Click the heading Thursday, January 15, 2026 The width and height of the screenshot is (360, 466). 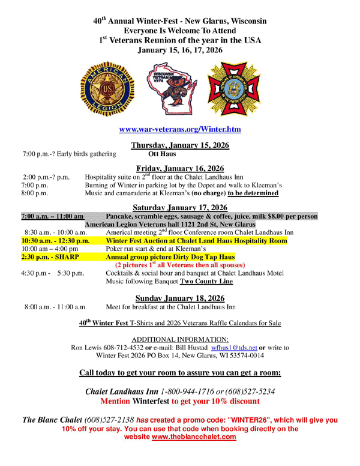(180, 145)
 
